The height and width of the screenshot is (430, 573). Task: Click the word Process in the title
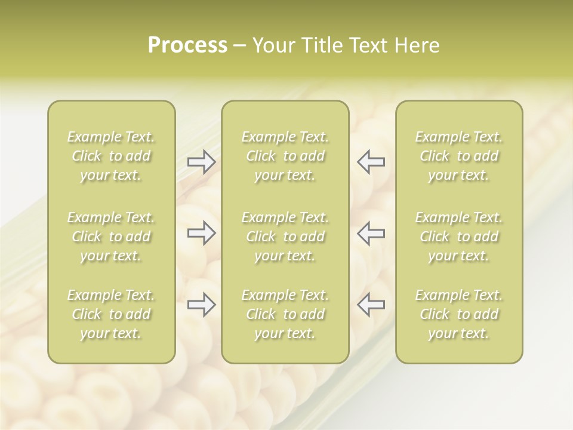[x=187, y=45]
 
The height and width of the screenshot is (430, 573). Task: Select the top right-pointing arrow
[x=202, y=162]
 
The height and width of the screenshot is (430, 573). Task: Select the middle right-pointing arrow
[x=202, y=233]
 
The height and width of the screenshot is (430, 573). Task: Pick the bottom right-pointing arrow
[x=202, y=305]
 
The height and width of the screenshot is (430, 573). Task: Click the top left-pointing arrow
[x=371, y=162]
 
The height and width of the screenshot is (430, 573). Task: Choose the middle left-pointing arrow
[x=371, y=233]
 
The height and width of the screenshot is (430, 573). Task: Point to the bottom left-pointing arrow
[x=371, y=305]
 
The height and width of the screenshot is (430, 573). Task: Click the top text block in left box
[x=111, y=156]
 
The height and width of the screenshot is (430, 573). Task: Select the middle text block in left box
[x=111, y=236]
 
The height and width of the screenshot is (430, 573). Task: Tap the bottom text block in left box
[x=111, y=314]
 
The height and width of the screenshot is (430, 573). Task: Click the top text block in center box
[x=285, y=156]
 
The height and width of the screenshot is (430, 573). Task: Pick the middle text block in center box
[x=285, y=236]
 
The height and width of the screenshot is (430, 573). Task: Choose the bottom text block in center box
[x=285, y=314]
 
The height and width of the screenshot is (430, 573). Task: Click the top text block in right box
[x=459, y=156]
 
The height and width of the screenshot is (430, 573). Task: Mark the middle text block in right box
[x=459, y=236]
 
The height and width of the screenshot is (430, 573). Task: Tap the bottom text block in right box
[x=459, y=314]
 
